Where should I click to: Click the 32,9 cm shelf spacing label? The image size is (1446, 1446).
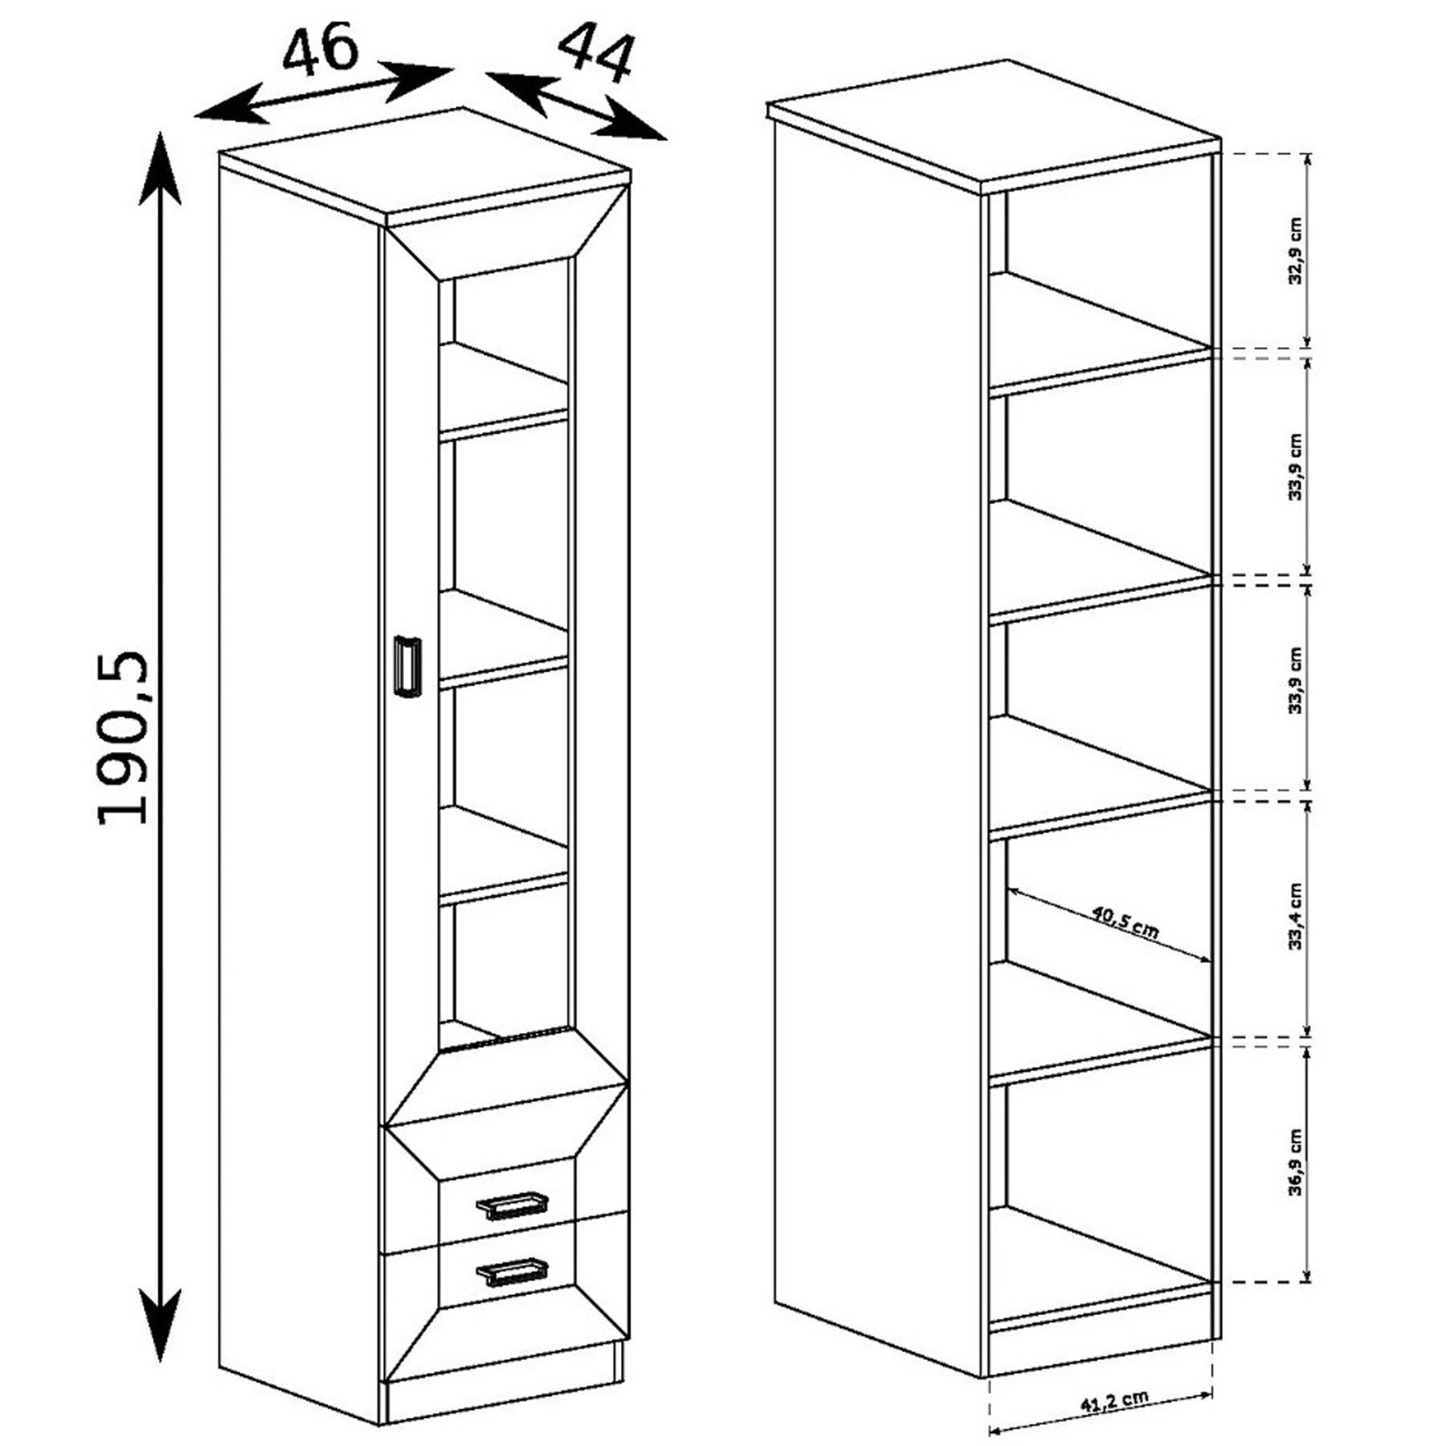(1295, 250)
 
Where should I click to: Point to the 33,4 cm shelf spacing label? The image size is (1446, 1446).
(1294, 917)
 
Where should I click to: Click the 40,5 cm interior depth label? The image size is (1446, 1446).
(1125, 924)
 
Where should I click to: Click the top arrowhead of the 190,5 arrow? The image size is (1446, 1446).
(161, 169)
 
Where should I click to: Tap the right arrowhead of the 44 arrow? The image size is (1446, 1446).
(635, 120)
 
